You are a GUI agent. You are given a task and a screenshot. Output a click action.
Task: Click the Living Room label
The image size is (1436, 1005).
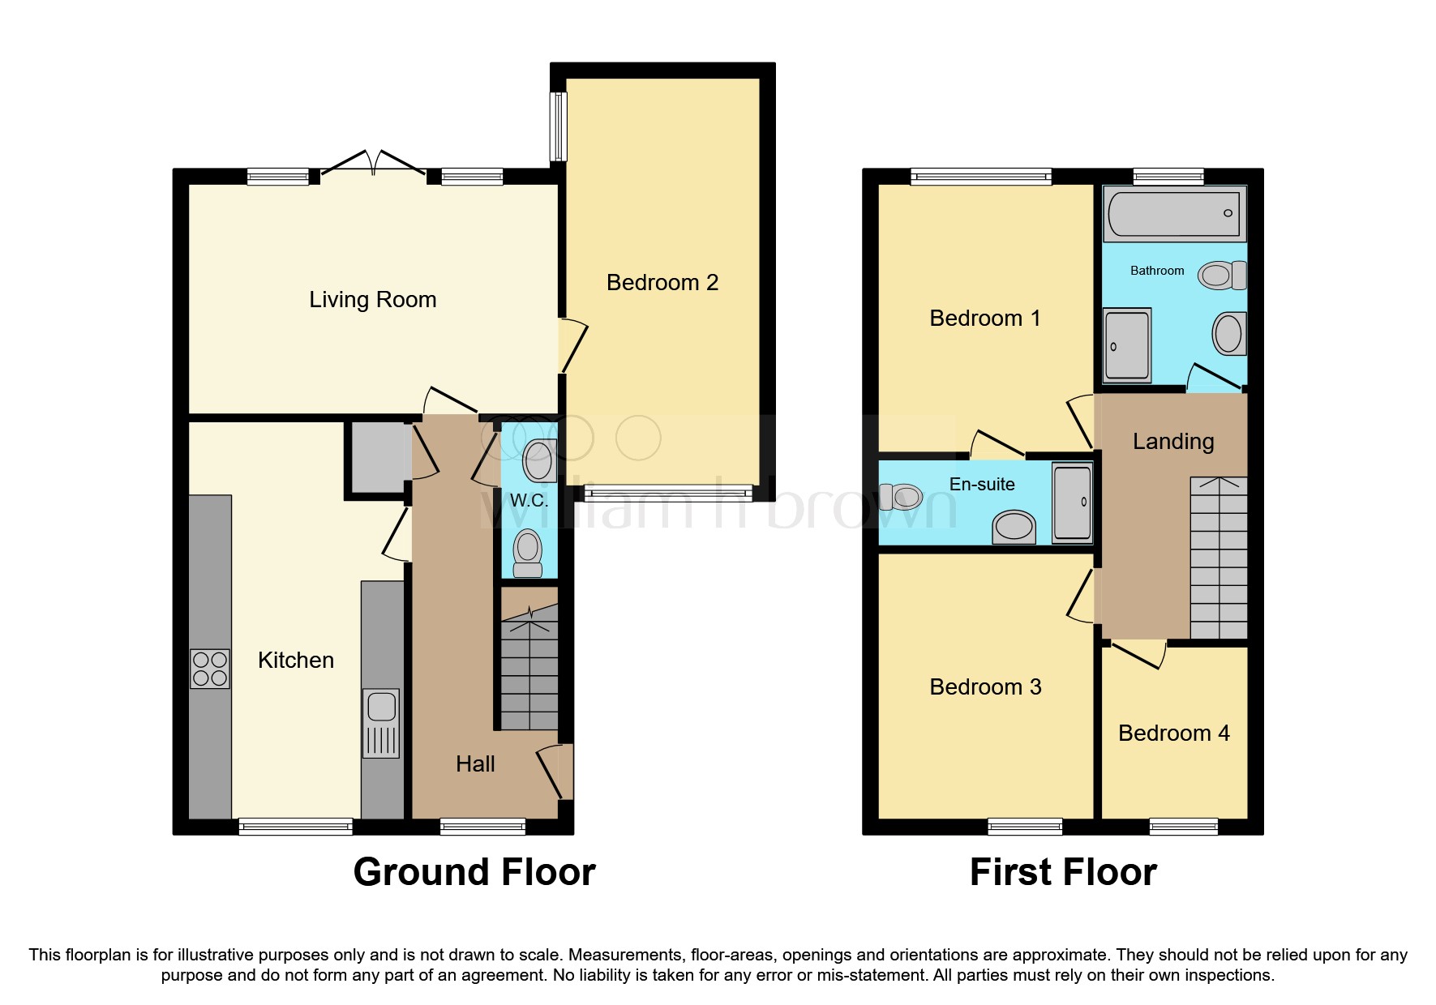(372, 300)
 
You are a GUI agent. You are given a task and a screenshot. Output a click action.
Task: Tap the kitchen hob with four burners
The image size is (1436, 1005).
(209, 669)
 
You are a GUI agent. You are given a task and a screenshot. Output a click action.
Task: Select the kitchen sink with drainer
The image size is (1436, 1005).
(381, 722)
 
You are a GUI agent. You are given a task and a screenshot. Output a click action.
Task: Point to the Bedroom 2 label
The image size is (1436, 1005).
(662, 283)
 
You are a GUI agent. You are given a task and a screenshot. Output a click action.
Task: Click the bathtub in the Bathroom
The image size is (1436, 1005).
(1174, 213)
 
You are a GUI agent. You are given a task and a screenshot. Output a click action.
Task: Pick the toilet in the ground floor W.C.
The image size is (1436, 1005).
(528, 552)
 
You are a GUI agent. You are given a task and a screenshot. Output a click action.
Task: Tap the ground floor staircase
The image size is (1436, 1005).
(529, 673)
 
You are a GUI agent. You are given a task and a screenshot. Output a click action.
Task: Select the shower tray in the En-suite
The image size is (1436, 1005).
(1072, 502)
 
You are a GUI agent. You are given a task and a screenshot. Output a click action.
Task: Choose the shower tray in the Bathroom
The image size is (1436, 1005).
(1127, 344)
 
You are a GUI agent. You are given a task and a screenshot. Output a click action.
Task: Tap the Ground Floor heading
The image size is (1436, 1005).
(474, 872)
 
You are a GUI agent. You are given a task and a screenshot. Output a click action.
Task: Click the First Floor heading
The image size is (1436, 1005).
(1063, 872)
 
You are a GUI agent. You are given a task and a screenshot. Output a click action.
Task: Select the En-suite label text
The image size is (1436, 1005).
(982, 485)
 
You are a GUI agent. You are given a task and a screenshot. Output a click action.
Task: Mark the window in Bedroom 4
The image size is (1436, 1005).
(1183, 826)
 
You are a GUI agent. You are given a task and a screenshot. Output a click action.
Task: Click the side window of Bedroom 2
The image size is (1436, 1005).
(558, 126)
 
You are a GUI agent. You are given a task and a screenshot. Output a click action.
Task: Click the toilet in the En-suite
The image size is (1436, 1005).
(899, 496)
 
